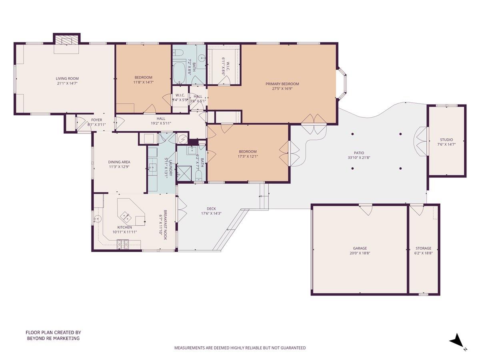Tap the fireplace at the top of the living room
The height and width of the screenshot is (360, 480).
(x=67, y=40)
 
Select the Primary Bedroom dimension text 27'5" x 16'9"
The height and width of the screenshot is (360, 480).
(x=282, y=89)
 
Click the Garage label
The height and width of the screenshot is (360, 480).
(x=360, y=248)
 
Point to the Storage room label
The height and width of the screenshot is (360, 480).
(x=423, y=248)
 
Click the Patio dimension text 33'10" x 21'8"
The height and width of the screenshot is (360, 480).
(x=359, y=158)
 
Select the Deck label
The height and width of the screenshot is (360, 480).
(x=211, y=208)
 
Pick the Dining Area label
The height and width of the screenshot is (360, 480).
(x=119, y=162)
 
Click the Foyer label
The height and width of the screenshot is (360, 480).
(x=96, y=120)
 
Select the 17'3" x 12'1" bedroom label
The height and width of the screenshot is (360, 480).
(x=248, y=151)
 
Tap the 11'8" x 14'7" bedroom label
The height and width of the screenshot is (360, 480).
(x=143, y=77)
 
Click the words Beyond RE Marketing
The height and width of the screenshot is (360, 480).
(x=53, y=338)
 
